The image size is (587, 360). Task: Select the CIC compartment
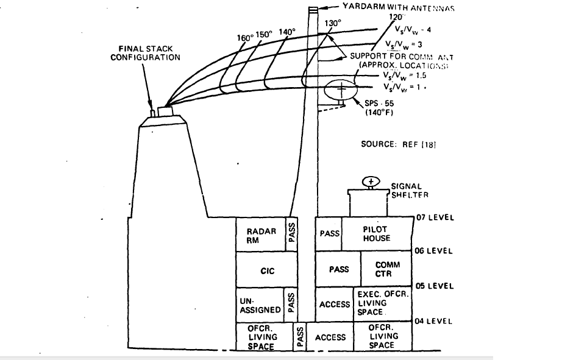(267, 270)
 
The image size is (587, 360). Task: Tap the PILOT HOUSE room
(376, 234)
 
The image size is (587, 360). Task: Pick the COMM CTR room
(387, 269)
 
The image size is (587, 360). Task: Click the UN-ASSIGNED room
(260, 305)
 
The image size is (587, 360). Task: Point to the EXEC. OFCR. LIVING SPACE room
(382, 303)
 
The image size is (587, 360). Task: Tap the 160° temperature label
(245, 37)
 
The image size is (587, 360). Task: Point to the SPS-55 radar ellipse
(341, 90)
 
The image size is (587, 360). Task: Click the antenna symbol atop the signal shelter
(370, 182)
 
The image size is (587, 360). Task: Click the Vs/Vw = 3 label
(404, 44)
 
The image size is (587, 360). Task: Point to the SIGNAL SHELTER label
(402, 191)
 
